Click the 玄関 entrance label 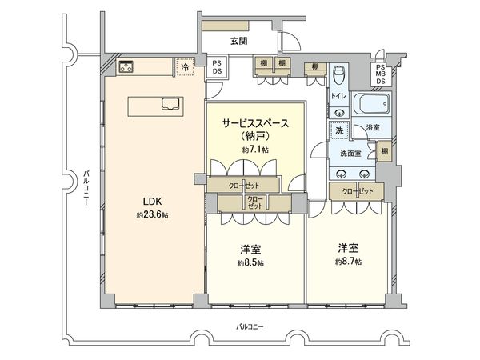tap(239, 40)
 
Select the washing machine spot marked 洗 tap(339, 130)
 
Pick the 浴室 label tap(373, 127)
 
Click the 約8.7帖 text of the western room tap(349, 261)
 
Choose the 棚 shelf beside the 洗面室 tap(386, 152)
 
